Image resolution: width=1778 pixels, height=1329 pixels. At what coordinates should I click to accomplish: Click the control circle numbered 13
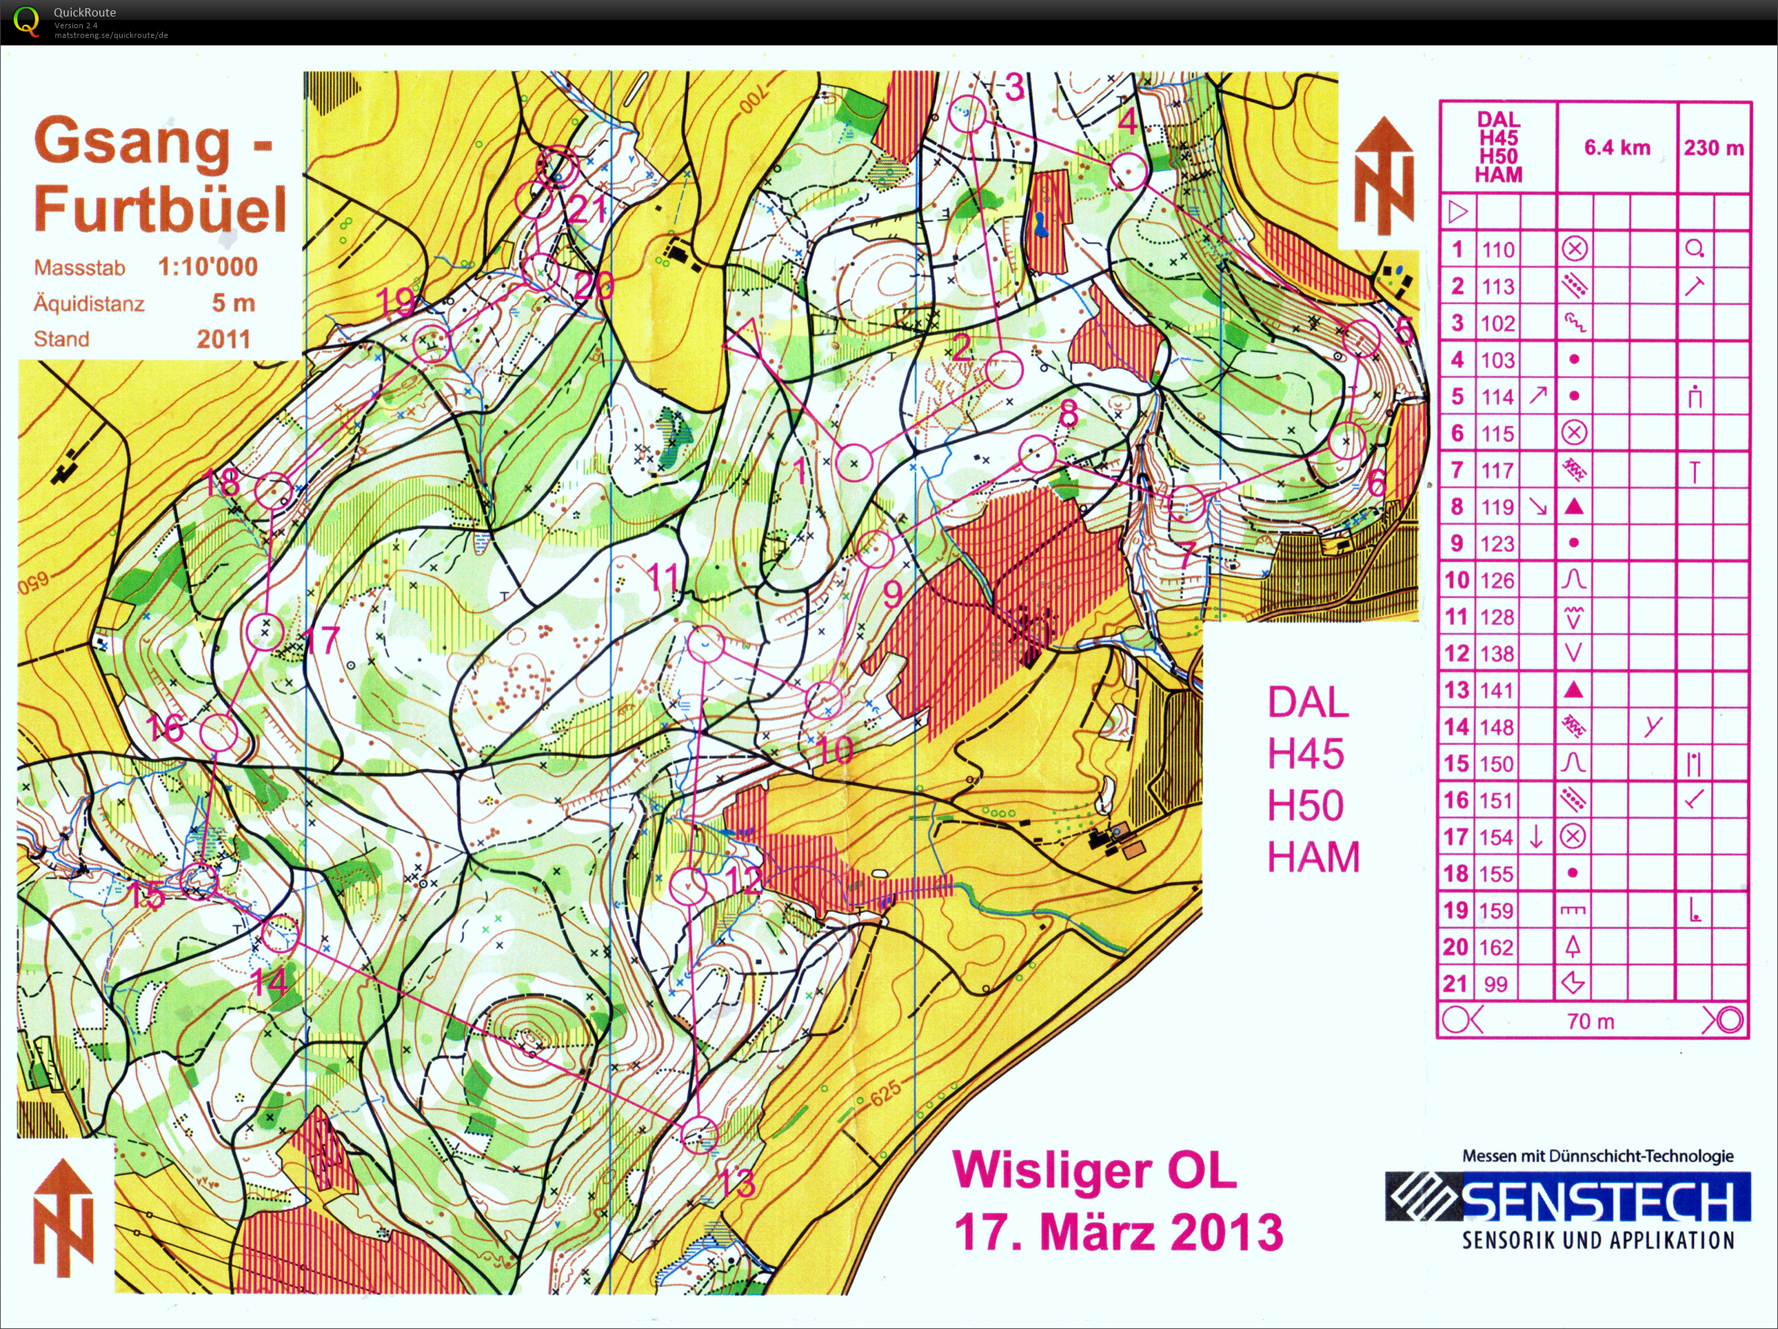point(699,1135)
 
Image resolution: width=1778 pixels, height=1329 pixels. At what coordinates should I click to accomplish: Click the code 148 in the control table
point(1497,727)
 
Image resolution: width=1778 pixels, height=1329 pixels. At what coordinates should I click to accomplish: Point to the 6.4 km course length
point(1617,147)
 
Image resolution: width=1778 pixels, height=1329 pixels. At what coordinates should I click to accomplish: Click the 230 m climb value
point(1714,147)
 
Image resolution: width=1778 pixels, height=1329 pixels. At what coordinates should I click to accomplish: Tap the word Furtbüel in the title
point(160,209)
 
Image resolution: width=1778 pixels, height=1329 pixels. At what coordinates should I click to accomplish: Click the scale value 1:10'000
point(208,267)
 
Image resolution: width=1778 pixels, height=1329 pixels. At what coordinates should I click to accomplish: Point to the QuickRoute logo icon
point(26,21)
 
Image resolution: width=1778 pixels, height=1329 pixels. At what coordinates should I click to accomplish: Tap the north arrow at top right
point(1384,175)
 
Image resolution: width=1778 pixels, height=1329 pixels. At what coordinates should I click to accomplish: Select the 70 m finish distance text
point(1590,1021)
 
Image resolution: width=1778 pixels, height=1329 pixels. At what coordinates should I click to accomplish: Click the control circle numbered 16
point(219,733)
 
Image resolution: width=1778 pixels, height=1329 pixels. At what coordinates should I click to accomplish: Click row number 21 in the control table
point(1455,983)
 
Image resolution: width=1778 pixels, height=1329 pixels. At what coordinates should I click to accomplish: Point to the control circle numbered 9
point(875,548)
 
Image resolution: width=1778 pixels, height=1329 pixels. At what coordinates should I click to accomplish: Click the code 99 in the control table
point(1495,984)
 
